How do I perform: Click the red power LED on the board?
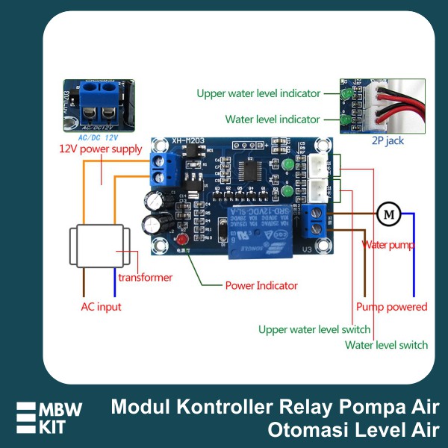pyautogui.click(x=181, y=240)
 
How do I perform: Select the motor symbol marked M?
pyautogui.click(x=388, y=215)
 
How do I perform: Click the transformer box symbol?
pyautogui.click(x=100, y=246)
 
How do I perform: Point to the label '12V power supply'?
pyautogui.click(x=101, y=149)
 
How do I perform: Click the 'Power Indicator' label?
pyautogui.click(x=261, y=285)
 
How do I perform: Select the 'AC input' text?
pyautogui.click(x=101, y=307)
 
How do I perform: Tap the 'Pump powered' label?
pyautogui.click(x=391, y=307)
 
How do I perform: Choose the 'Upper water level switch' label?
pyautogui.click(x=314, y=329)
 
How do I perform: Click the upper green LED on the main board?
pyautogui.click(x=287, y=165)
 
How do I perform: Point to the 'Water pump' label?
pyautogui.click(x=388, y=244)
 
